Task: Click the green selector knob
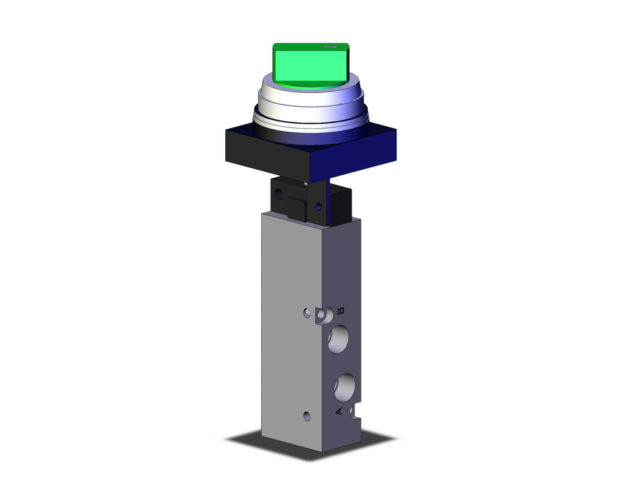tap(310, 65)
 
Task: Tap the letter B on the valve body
tap(340, 310)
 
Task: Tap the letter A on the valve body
tap(339, 411)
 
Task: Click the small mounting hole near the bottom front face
tap(305, 415)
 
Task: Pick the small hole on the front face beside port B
tap(305, 312)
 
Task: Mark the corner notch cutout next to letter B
tap(322, 316)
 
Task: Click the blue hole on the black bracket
tap(319, 206)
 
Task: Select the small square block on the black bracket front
tap(295, 206)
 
